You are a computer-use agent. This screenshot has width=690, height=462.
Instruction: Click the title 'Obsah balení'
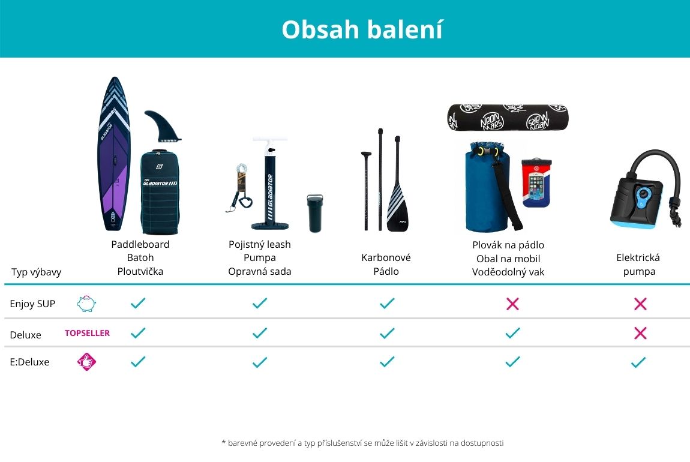click(x=362, y=29)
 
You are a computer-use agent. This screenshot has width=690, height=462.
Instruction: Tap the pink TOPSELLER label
click(x=87, y=333)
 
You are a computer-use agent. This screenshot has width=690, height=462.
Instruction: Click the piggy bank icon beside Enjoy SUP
click(x=86, y=304)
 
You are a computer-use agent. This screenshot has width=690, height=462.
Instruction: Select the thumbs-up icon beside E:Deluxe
click(x=86, y=362)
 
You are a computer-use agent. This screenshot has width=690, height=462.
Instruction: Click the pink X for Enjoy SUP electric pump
click(x=640, y=304)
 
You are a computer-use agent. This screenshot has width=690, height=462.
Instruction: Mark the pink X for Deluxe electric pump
click(x=640, y=333)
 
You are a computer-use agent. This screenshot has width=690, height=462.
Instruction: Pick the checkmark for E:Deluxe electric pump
click(x=638, y=362)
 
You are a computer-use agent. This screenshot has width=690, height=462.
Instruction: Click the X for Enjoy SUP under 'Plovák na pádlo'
click(x=512, y=304)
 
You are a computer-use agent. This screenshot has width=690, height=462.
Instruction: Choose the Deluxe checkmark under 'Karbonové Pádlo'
click(x=387, y=333)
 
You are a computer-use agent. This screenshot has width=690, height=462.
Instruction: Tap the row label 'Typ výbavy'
click(x=36, y=272)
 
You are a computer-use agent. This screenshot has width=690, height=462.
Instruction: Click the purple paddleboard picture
click(x=114, y=154)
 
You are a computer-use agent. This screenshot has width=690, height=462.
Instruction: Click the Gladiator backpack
click(x=160, y=192)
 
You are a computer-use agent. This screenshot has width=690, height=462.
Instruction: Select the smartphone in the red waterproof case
click(x=536, y=182)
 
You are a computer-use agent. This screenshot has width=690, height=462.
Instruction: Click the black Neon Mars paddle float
click(x=508, y=118)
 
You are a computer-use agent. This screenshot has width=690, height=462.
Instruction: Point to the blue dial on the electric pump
click(x=643, y=194)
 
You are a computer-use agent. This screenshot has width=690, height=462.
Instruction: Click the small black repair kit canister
click(x=314, y=213)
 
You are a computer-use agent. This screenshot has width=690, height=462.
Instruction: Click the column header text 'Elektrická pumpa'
click(x=638, y=265)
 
